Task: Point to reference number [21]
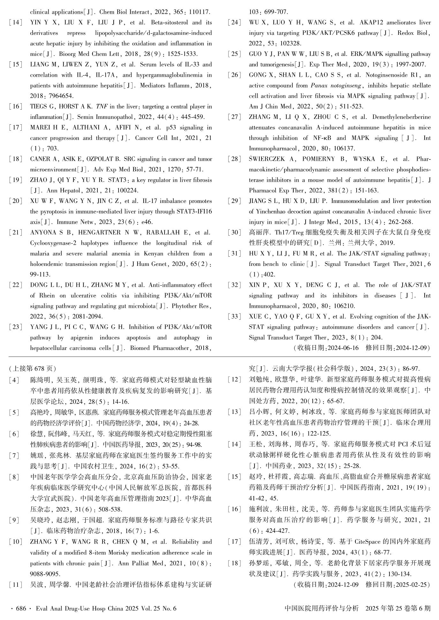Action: coord(16,233)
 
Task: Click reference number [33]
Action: coord(234,317)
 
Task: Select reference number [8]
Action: coord(16,477)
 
